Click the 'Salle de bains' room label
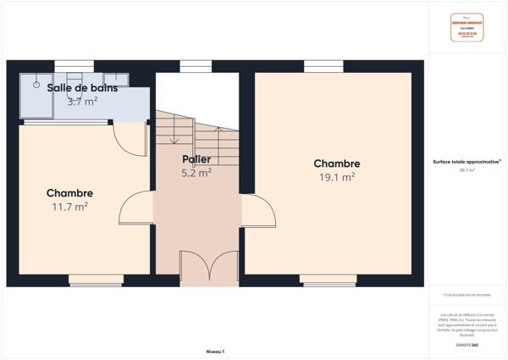(x=82, y=87)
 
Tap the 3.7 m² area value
(x=82, y=101)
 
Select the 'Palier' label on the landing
(x=196, y=159)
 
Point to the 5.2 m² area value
(x=196, y=172)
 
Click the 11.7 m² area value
(x=69, y=206)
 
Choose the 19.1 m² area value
(x=336, y=177)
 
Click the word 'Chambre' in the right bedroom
(x=336, y=163)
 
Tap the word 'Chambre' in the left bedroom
(x=69, y=193)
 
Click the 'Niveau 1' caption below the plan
(x=215, y=351)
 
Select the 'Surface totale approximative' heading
(x=467, y=161)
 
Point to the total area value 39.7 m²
(x=467, y=170)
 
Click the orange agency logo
(x=467, y=28)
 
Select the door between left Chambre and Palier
(x=137, y=208)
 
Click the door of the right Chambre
(x=258, y=210)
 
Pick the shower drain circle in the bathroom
(x=36, y=84)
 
